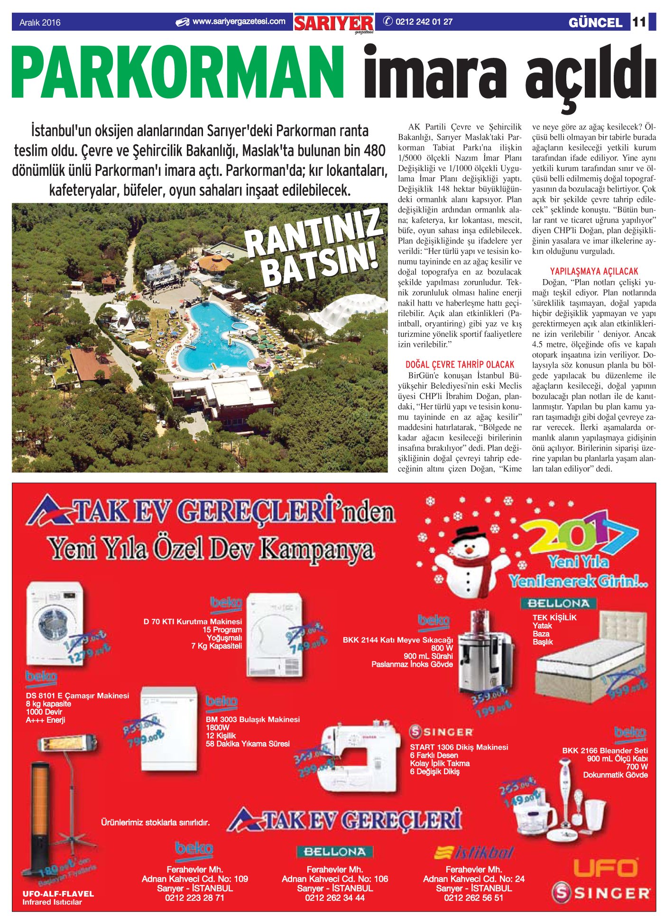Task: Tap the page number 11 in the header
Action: click(x=639, y=22)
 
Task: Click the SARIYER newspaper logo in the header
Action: click(x=334, y=23)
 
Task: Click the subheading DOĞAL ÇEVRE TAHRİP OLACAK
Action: click(x=460, y=364)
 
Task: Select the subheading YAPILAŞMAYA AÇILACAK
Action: click(x=594, y=272)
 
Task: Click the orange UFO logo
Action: click(x=605, y=869)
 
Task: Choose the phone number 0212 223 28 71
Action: click(x=194, y=898)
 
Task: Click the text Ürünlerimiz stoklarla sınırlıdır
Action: click(x=155, y=822)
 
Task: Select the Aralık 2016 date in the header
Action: click(x=40, y=22)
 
